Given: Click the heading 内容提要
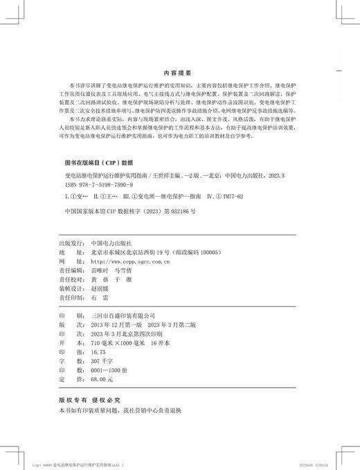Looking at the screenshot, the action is [x=179, y=71].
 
